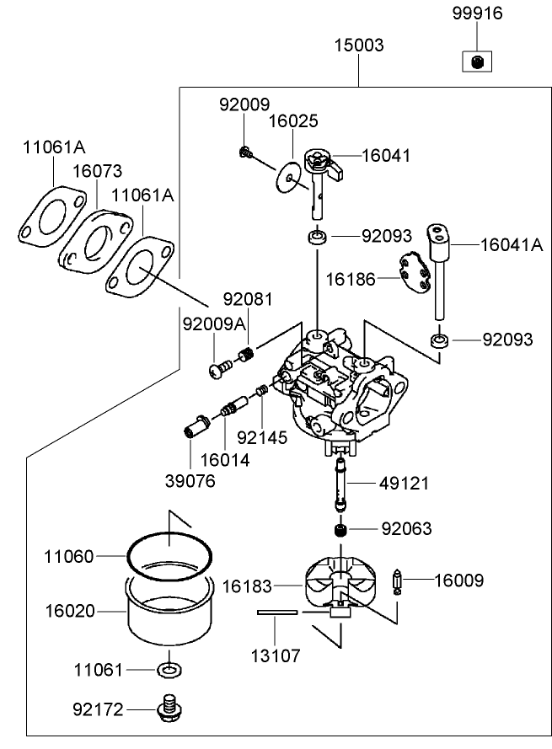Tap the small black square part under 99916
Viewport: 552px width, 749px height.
(x=476, y=61)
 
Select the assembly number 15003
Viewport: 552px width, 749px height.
(x=360, y=45)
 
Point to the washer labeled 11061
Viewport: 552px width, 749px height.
(x=169, y=671)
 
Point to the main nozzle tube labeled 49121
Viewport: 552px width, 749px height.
(x=341, y=484)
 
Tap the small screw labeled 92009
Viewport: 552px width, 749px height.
(x=245, y=152)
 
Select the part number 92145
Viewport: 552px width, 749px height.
(x=262, y=437)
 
